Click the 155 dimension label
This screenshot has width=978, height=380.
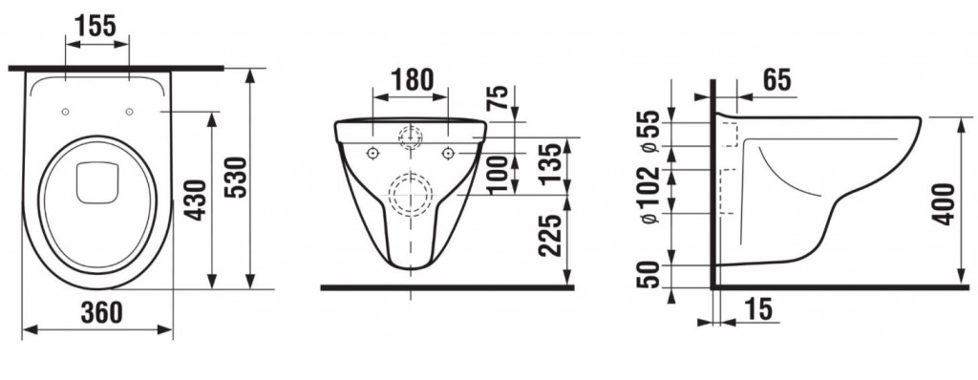point(96,26)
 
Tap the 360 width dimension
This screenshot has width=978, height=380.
point(101,312)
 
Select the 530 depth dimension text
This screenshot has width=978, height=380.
point(237,178)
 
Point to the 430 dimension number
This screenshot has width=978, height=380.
point(197,200)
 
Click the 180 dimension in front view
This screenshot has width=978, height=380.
point(412,80)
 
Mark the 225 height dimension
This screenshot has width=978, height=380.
point(550,236)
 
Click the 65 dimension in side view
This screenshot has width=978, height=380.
point(776,80)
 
